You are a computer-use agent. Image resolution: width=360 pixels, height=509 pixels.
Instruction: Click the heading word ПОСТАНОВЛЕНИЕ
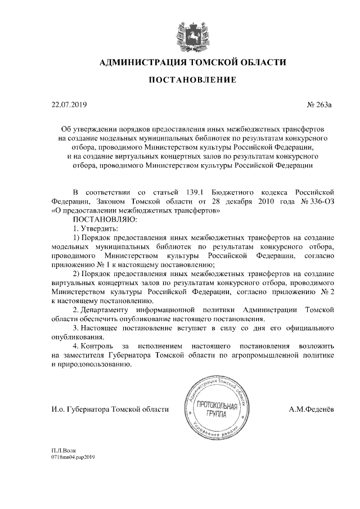(192, 81)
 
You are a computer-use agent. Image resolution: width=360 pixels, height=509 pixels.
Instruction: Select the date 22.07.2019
(66, 104)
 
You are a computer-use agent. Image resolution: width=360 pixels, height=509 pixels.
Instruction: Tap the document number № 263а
(321, 104)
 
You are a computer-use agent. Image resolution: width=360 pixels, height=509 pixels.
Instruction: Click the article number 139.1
(195, 193)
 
